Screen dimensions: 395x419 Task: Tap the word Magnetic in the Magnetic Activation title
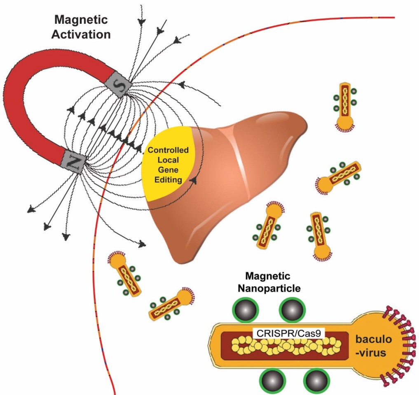(x=81, y=20)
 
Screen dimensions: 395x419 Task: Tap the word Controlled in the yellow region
(x=168, y=150)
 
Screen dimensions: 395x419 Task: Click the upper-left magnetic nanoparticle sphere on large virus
(x=246, y=310)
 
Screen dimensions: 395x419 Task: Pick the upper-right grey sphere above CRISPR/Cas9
(x=293, y=310)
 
